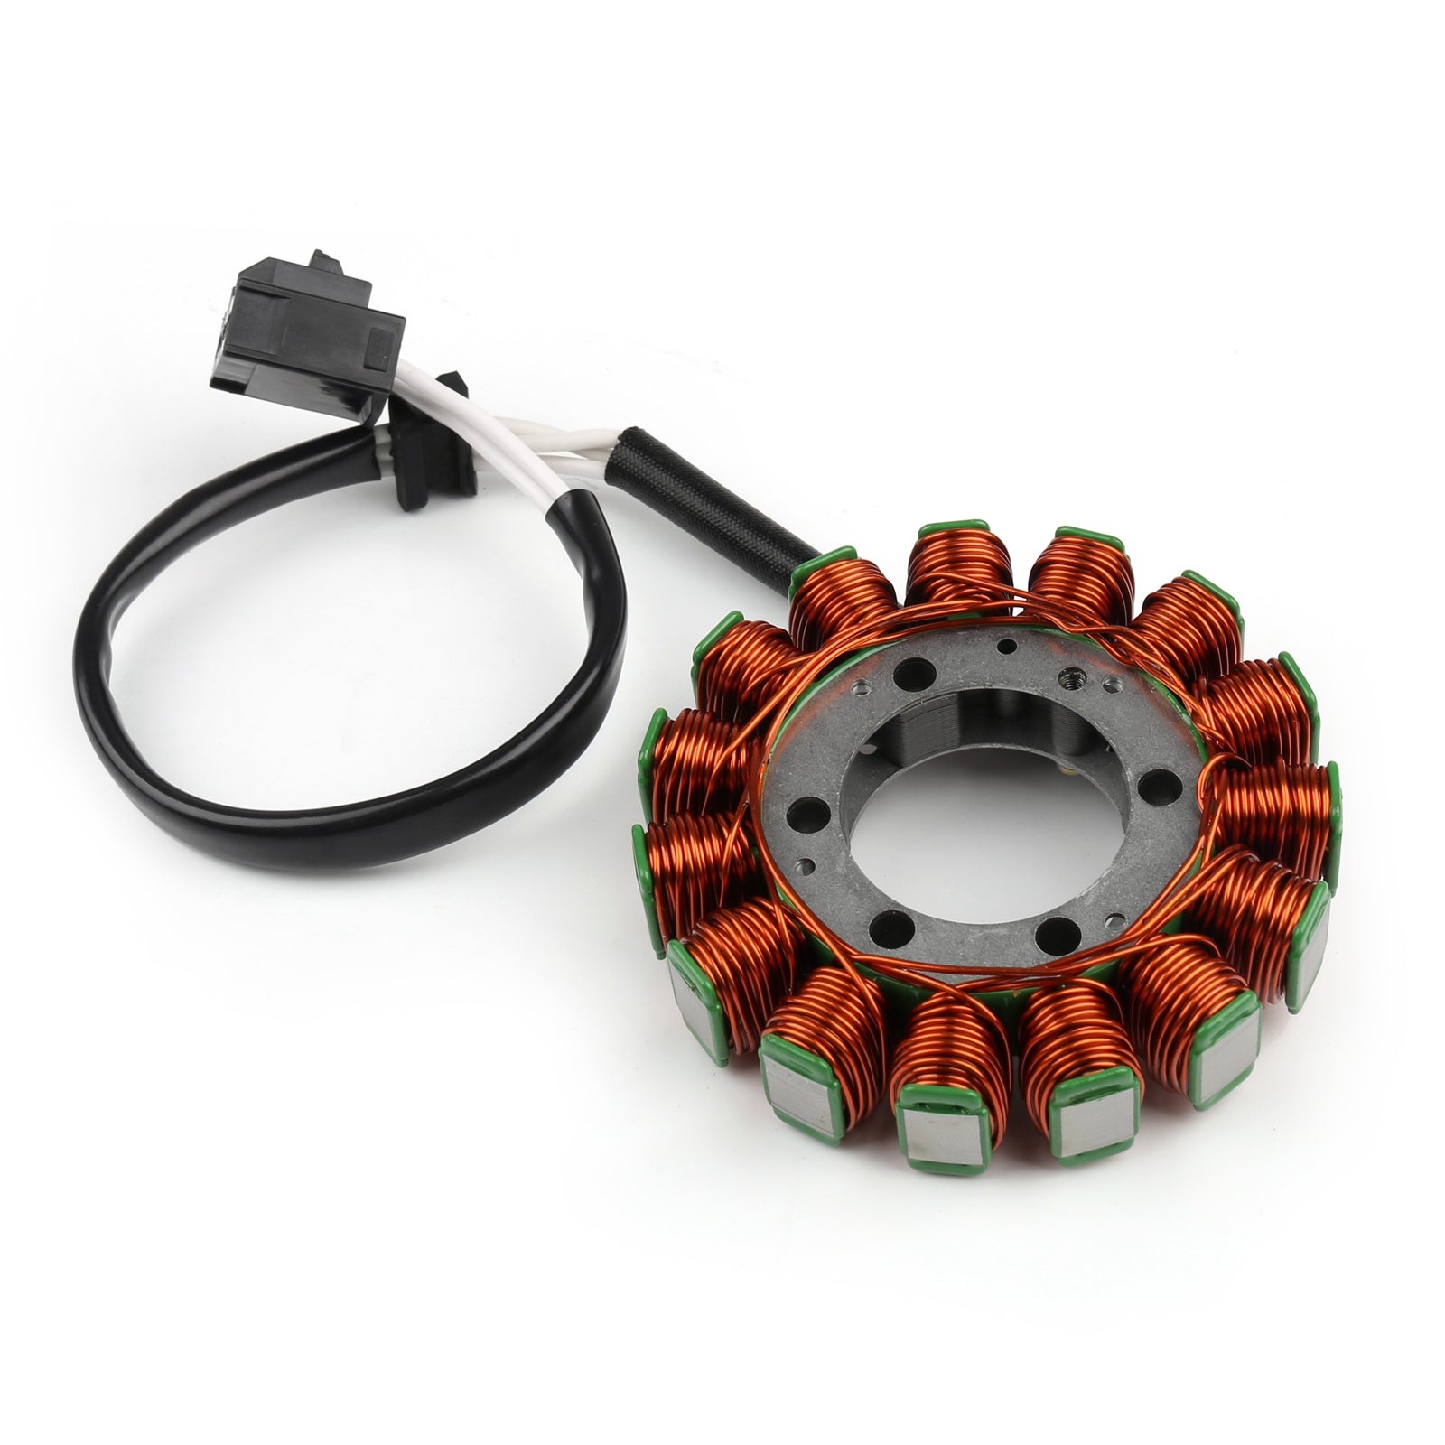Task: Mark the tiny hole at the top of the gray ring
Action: point(1002,645)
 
